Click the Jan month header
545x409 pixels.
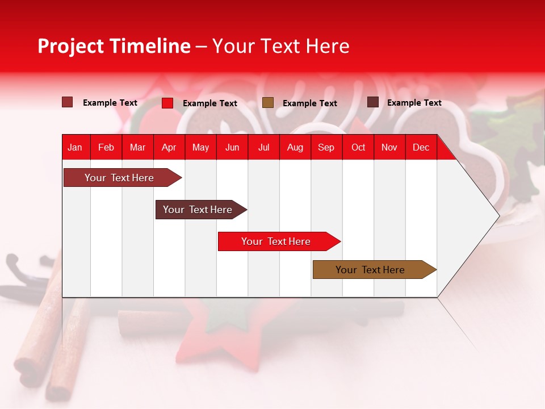point(75,148)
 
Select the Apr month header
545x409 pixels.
point(169,148)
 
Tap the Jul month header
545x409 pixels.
point(264,148)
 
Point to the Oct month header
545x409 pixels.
point(358,148)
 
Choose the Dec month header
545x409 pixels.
point(421,148)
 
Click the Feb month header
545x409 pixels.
point(106,148)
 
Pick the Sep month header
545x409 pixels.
point(326,148)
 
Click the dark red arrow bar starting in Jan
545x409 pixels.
point(123,177)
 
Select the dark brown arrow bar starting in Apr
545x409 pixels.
point(201,210)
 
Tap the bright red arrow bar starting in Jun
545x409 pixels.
point(279,241)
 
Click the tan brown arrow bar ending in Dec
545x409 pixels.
point(375,269)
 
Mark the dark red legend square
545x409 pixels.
point(67,102)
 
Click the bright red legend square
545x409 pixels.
point(167,103)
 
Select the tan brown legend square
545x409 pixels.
point(268,103)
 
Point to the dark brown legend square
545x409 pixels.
point(373,102)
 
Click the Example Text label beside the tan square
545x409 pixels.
point(310,103)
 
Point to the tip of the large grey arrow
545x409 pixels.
point(500,216)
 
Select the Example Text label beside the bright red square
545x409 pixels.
point(210,103)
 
